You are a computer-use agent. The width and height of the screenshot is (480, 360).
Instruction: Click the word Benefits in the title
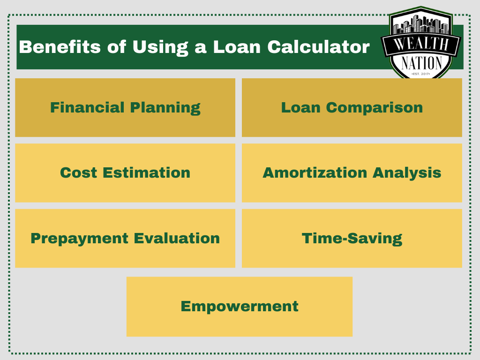pos(60,47)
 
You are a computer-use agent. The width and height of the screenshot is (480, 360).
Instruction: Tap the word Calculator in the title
pos(318,47)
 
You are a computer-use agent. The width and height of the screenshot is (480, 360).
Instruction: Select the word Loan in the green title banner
pos(237,47)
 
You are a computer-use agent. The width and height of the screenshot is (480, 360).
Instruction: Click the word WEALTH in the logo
pos(421,44)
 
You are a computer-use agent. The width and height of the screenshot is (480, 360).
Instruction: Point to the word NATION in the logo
pos(421,63)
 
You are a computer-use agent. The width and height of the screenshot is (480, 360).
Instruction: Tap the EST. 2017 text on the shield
pos(421,74)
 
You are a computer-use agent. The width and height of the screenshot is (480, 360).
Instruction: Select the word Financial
pos(87,107)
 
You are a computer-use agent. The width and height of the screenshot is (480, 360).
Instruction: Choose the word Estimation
pos(147,172)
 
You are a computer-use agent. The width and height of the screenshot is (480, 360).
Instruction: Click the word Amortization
pos(315,172)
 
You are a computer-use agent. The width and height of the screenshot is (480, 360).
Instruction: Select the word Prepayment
pos(79,239)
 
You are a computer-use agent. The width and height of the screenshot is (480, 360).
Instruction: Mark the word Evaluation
pos(177,238)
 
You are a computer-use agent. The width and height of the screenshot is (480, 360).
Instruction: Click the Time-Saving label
pos(352,239)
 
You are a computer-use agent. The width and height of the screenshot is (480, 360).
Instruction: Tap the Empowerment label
pos(240,307)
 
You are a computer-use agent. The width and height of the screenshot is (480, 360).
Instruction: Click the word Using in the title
pos(160,47)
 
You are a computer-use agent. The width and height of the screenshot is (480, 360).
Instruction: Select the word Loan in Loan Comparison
pos(300,107)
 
